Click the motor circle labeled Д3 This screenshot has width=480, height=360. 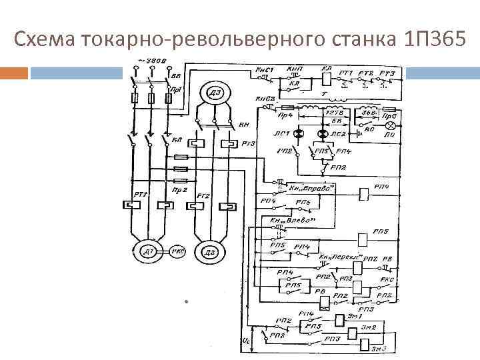215,93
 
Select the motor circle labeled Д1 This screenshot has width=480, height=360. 147,251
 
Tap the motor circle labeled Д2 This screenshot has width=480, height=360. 209,252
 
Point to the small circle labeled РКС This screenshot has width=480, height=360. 178,251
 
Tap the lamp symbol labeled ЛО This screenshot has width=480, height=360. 391,125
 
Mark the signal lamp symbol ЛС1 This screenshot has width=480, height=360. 298,134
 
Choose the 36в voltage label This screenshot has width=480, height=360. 366,113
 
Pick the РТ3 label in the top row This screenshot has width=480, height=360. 387,73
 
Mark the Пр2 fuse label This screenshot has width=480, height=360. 179,190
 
